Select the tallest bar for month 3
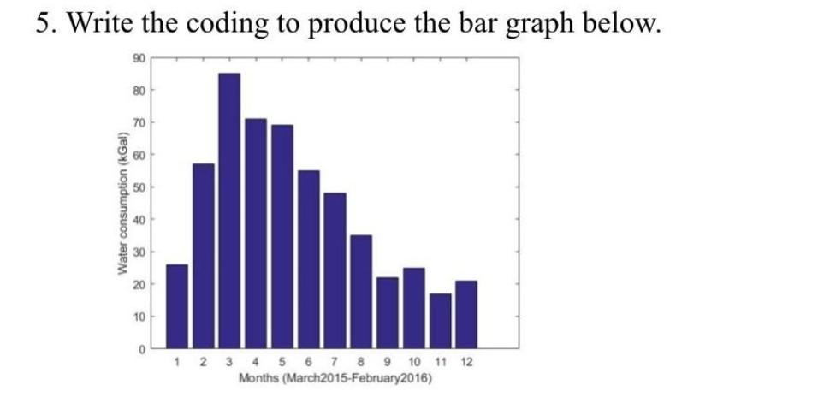229,210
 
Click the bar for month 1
177,306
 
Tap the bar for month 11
441,321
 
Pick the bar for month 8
361,292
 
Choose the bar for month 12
466,315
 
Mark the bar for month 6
309,259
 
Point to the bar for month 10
414,308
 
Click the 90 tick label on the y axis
138,58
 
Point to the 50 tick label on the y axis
138,187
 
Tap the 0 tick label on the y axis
141,349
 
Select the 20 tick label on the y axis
138,284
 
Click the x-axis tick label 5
282,363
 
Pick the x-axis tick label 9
388,363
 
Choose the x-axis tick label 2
203,363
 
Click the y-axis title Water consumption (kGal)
123,203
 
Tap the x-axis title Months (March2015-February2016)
335,379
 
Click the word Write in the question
100,22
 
